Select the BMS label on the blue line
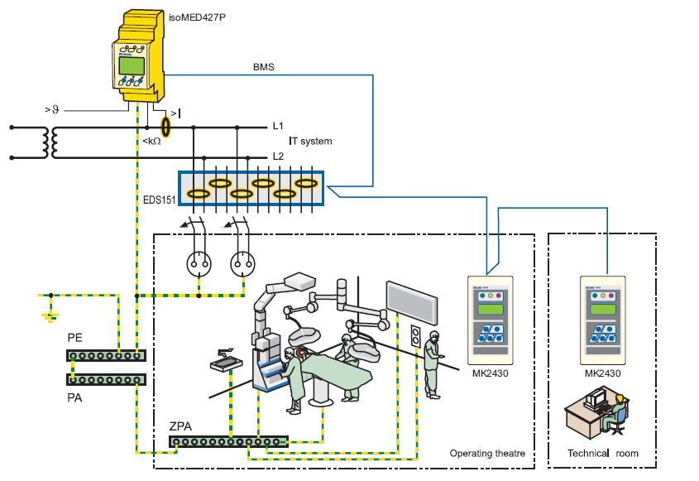pos(263,67)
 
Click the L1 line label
pos(279,127)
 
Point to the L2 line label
pos(279,156)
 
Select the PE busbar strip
pos(107,355)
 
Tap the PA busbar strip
pos(107,379)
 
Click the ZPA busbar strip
pos(229,441)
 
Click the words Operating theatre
pos(487,453)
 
